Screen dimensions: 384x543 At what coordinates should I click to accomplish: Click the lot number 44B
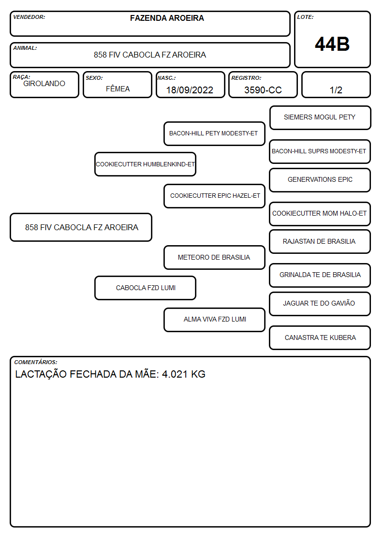tap(332, 44)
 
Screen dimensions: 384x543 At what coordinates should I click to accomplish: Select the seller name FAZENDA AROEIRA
tap(167, 18)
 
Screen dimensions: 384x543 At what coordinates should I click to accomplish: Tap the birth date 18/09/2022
tap(190, 90)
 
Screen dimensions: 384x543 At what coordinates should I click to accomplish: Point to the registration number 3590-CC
tap(263, 90)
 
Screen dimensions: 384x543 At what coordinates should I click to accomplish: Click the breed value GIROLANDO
tap(44, 84)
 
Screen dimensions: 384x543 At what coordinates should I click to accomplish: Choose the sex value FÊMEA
tap(118, 88)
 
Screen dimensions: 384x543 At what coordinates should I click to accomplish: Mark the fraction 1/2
tap(336, 90)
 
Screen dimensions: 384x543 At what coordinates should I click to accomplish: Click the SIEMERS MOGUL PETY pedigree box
tap(320, 118)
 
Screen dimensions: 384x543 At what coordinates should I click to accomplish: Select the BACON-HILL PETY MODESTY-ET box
tap(214, 133)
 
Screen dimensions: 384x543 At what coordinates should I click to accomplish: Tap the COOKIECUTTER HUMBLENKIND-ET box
tap(146, 164)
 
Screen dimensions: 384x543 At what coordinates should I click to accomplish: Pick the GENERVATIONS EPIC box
tap(320, 180)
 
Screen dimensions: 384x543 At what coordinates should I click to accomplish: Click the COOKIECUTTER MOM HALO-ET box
tap(320, 214)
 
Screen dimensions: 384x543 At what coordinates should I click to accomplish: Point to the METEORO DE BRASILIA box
tap(214, 258)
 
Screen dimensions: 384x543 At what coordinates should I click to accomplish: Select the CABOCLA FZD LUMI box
tap(146, 288)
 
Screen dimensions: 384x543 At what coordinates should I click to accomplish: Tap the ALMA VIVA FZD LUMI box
tap(214, 320)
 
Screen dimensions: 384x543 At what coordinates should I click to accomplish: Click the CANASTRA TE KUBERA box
tap(320, 338)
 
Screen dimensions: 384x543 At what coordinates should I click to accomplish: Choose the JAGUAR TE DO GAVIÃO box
tap(320, 304)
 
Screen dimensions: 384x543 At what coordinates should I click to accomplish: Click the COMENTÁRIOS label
tap(36, 362)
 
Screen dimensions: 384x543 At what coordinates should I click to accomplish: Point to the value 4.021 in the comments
tap(175, 374)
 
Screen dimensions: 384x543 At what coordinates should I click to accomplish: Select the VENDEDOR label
tap(29, 17)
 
